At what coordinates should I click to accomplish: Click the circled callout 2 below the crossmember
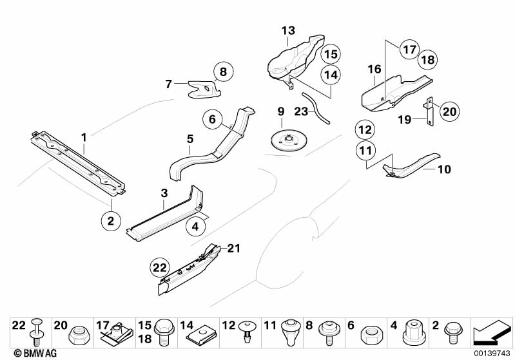[x=111, y=221]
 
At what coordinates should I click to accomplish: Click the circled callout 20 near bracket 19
[x=449, y=111]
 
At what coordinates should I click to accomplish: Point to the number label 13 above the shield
[x=287, y=30]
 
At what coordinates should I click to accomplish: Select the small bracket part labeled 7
[x=202, y=89]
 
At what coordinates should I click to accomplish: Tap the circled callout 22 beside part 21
[x=160, y=265]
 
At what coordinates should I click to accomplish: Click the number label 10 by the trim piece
[x=444, y=170]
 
